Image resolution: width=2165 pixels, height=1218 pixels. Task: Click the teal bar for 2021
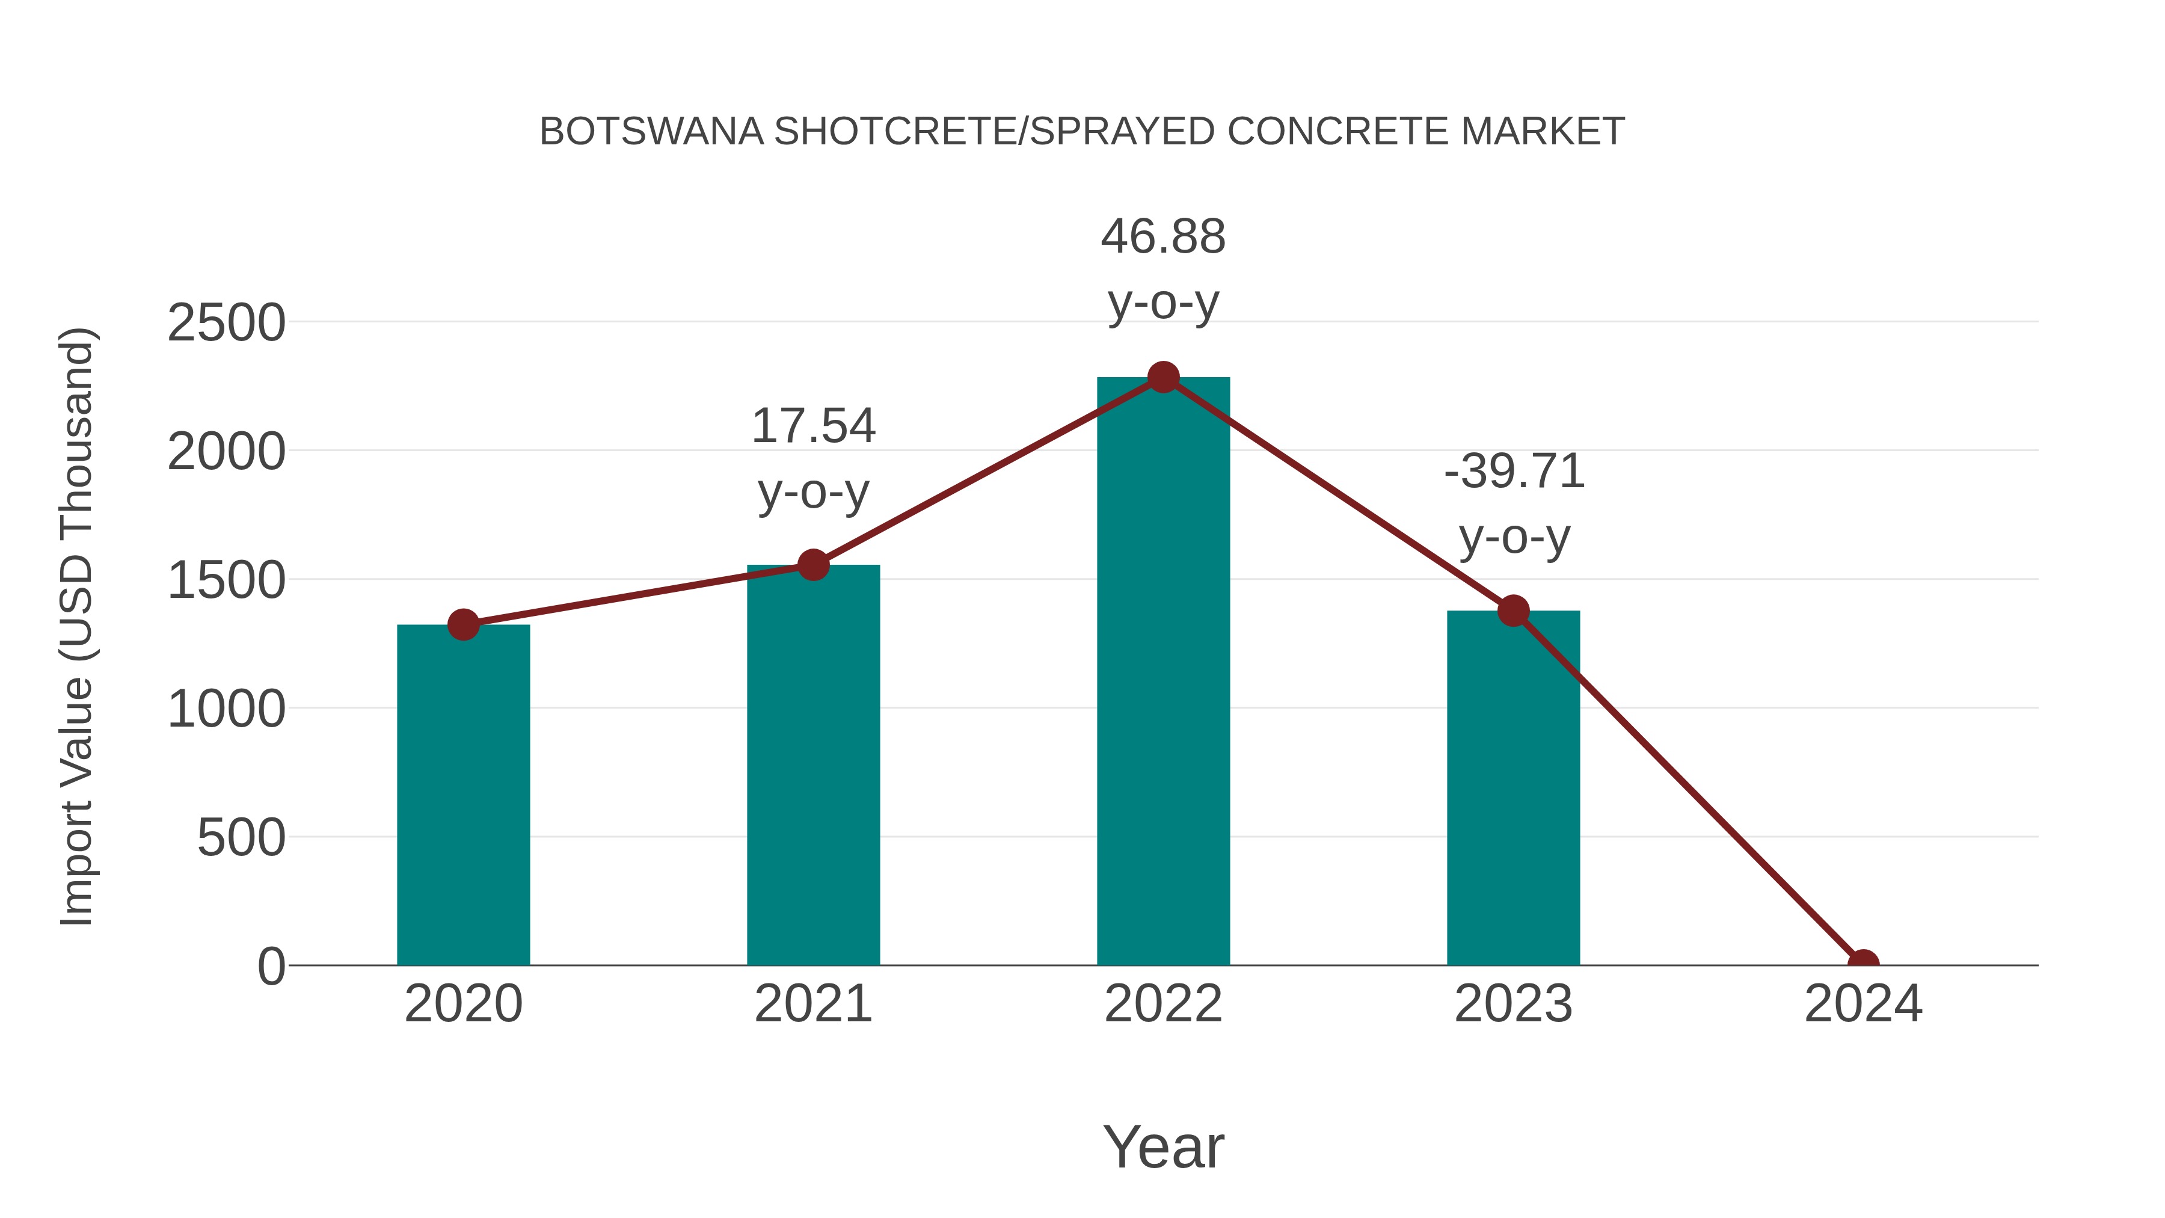tap(812, 765)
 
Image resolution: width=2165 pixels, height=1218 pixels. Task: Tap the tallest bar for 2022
tap(1162, 672)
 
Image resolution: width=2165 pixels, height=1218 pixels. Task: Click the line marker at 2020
tap(463, 624)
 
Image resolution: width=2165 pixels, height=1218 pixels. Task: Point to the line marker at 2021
tap(812, 565)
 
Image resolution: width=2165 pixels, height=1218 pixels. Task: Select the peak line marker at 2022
tap(1162, 377)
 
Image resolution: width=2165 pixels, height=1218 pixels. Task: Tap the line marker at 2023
tap(1513, 611)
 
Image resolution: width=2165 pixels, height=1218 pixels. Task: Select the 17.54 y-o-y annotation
tap(812, 458)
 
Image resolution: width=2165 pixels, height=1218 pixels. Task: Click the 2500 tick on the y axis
tap(226, 323)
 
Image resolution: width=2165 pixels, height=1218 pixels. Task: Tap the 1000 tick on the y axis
tap(226, 710)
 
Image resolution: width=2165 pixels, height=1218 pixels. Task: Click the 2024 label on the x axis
tap(1863, 1004)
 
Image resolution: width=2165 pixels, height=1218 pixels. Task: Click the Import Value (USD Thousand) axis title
tap(78, 626)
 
